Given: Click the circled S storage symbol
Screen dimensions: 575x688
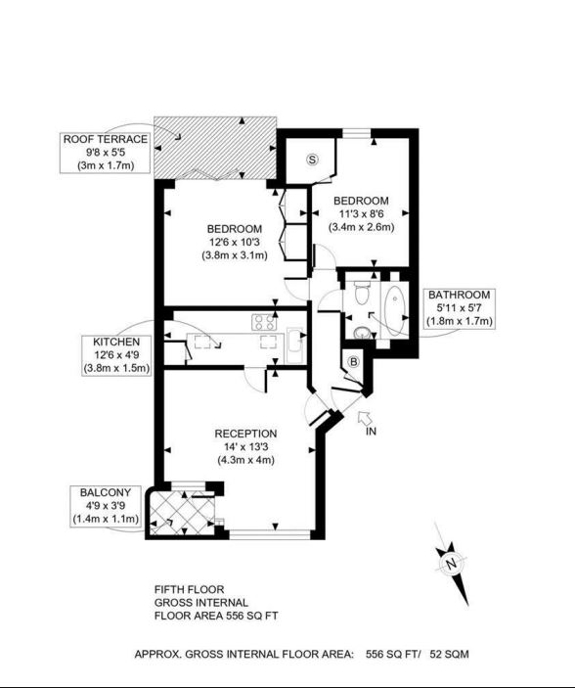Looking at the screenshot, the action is (x=312, y=160).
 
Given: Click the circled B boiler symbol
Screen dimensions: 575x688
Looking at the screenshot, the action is (x=354, y=362).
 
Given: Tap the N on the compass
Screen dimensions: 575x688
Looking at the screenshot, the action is (x=451, y=564).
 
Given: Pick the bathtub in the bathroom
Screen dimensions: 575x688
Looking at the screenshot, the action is (x=395, y=311).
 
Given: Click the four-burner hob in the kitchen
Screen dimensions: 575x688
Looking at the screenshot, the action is (x=264, y=322).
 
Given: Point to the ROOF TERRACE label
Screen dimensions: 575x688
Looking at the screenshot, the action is (x=106, y=139).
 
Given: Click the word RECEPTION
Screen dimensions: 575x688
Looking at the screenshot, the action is (x=245, y=434).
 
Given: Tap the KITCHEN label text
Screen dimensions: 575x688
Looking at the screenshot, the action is (x=116, y=342).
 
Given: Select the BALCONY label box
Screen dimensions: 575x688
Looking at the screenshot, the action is (x=106, y=506).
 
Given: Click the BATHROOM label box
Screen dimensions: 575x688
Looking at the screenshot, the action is (x=459, y=308).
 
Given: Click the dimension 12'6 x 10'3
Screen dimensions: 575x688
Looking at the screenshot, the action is (x=235, y=242).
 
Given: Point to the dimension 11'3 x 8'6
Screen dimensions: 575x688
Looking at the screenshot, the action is (x=361, y=213).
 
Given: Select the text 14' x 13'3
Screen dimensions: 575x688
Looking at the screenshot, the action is (x=245, y=446).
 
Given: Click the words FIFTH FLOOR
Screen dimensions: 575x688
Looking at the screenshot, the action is (x=189, y=589).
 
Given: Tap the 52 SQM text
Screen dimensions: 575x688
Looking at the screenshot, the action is (x=449, y=654).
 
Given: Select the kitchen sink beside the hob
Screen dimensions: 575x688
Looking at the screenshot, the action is (x=294, y=344).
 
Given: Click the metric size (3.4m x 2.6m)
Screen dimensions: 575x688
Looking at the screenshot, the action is (x=361, y=227).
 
